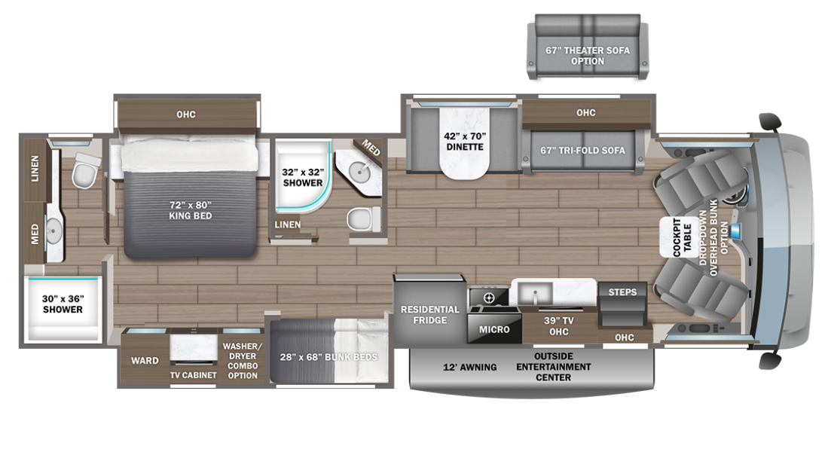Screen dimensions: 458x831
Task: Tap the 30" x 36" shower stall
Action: [x=63, y=304]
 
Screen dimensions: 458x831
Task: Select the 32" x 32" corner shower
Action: [x=302, y=177]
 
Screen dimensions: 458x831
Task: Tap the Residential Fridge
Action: [x=429, y=315]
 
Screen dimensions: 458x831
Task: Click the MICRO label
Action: [x=494, y=329]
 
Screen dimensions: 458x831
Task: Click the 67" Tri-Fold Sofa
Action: [x=582, y=150]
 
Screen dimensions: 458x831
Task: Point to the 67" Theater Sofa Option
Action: [x=587, y=56]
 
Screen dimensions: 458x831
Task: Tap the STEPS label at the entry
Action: [x=622, y=292]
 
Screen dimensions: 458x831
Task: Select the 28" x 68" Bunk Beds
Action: [x=328, y=356]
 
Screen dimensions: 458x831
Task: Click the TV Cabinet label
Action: [x=194, y=374]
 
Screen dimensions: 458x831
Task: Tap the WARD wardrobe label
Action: [x=145, y=361]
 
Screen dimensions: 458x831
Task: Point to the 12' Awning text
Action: [x=469, y=367]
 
